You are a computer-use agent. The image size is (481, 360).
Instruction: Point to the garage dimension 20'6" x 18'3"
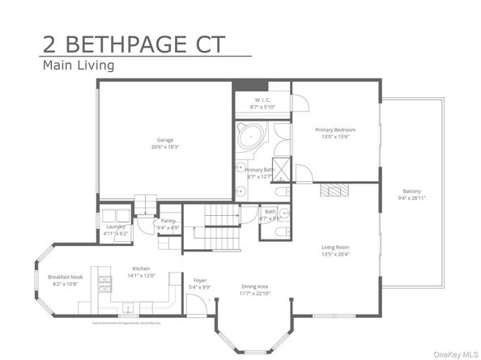point(165,146)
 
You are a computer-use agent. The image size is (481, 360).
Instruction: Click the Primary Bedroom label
point(334,129)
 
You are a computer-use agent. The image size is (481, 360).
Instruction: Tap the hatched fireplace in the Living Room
point(333,190)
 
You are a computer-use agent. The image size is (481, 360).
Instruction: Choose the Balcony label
point(411,191)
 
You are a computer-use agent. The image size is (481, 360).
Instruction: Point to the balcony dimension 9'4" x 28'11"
point(411,198)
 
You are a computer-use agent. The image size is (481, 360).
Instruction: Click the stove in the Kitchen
point(104,285)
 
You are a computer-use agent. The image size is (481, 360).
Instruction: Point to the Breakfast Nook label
point(62,277)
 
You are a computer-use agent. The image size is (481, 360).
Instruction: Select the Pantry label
point(168,220)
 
